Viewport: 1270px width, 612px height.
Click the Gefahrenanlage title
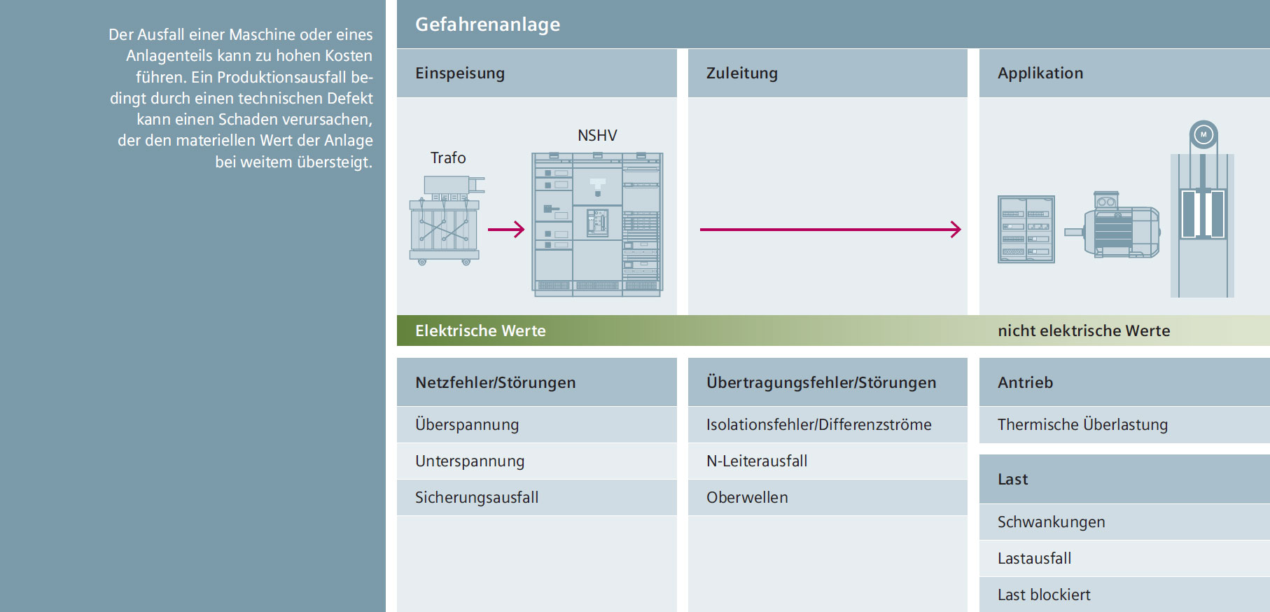click(x=487, y=25)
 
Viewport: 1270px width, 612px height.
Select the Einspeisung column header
click(x=460, y=74)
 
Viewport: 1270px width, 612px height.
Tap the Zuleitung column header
click(x=742, y=74)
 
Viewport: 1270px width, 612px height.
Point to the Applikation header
click(x=1040, y=74)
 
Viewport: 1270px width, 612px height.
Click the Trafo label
click(x=448, y=158)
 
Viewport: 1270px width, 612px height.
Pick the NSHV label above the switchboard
click(x=597, y=136)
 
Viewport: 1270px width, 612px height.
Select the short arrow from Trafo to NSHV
click(x=506, y=229)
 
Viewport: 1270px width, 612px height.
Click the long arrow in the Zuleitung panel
click(x=830, y=229)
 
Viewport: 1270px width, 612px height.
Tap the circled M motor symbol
click(x=1203, y=134)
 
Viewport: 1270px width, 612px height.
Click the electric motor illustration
click(x=1112, y=224)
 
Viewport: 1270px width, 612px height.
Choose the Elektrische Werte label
click(x=480, y=331)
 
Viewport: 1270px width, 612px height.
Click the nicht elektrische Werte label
click(x=1084, y=331)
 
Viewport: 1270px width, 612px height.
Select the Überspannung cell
click(x=467, y=425)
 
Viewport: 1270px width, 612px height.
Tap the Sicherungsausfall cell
click(x=477, y=498)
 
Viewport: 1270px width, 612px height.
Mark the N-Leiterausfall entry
click(x=757, y=461)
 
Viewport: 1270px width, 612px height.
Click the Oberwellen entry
click(x=747, y=498)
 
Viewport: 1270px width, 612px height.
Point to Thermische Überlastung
click(x=1082, y=425)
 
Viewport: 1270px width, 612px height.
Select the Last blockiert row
click(x=1044, y=595)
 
